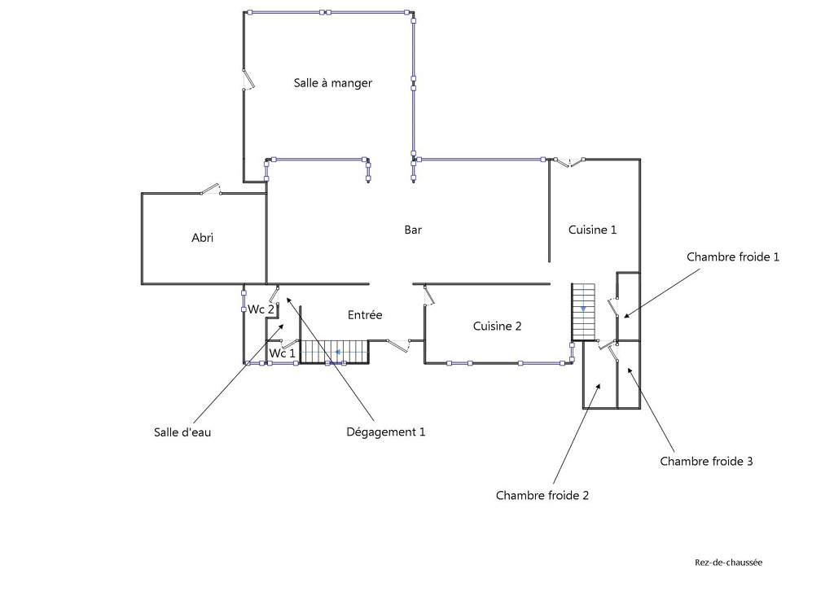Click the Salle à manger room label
click(x=332, y=83)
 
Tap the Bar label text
click(x=413, y=230)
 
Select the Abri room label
click(x=202, y=238)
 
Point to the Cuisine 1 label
click(x=592, y=230)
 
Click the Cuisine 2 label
click(x=497, y=326)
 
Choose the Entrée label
click(x=365, y=315)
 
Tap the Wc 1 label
click(x=282, y=353)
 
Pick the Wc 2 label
click(x=261, y=309)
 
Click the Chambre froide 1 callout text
click(x=733, y=256)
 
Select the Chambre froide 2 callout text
click(x=542, y=495)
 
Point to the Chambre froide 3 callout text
click(x=706, y=462)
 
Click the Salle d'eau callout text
click(x=182, y=432)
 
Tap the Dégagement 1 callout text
click(x=386, y=432)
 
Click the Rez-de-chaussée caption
click(x=728, y=562)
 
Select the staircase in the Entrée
click(x=334, y=352)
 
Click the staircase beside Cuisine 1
click(x=584, y=312)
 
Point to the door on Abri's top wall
click(x=211, y=191)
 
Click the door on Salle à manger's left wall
click(x=248, y=79)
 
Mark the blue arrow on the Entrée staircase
click(x=336, y=353)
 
